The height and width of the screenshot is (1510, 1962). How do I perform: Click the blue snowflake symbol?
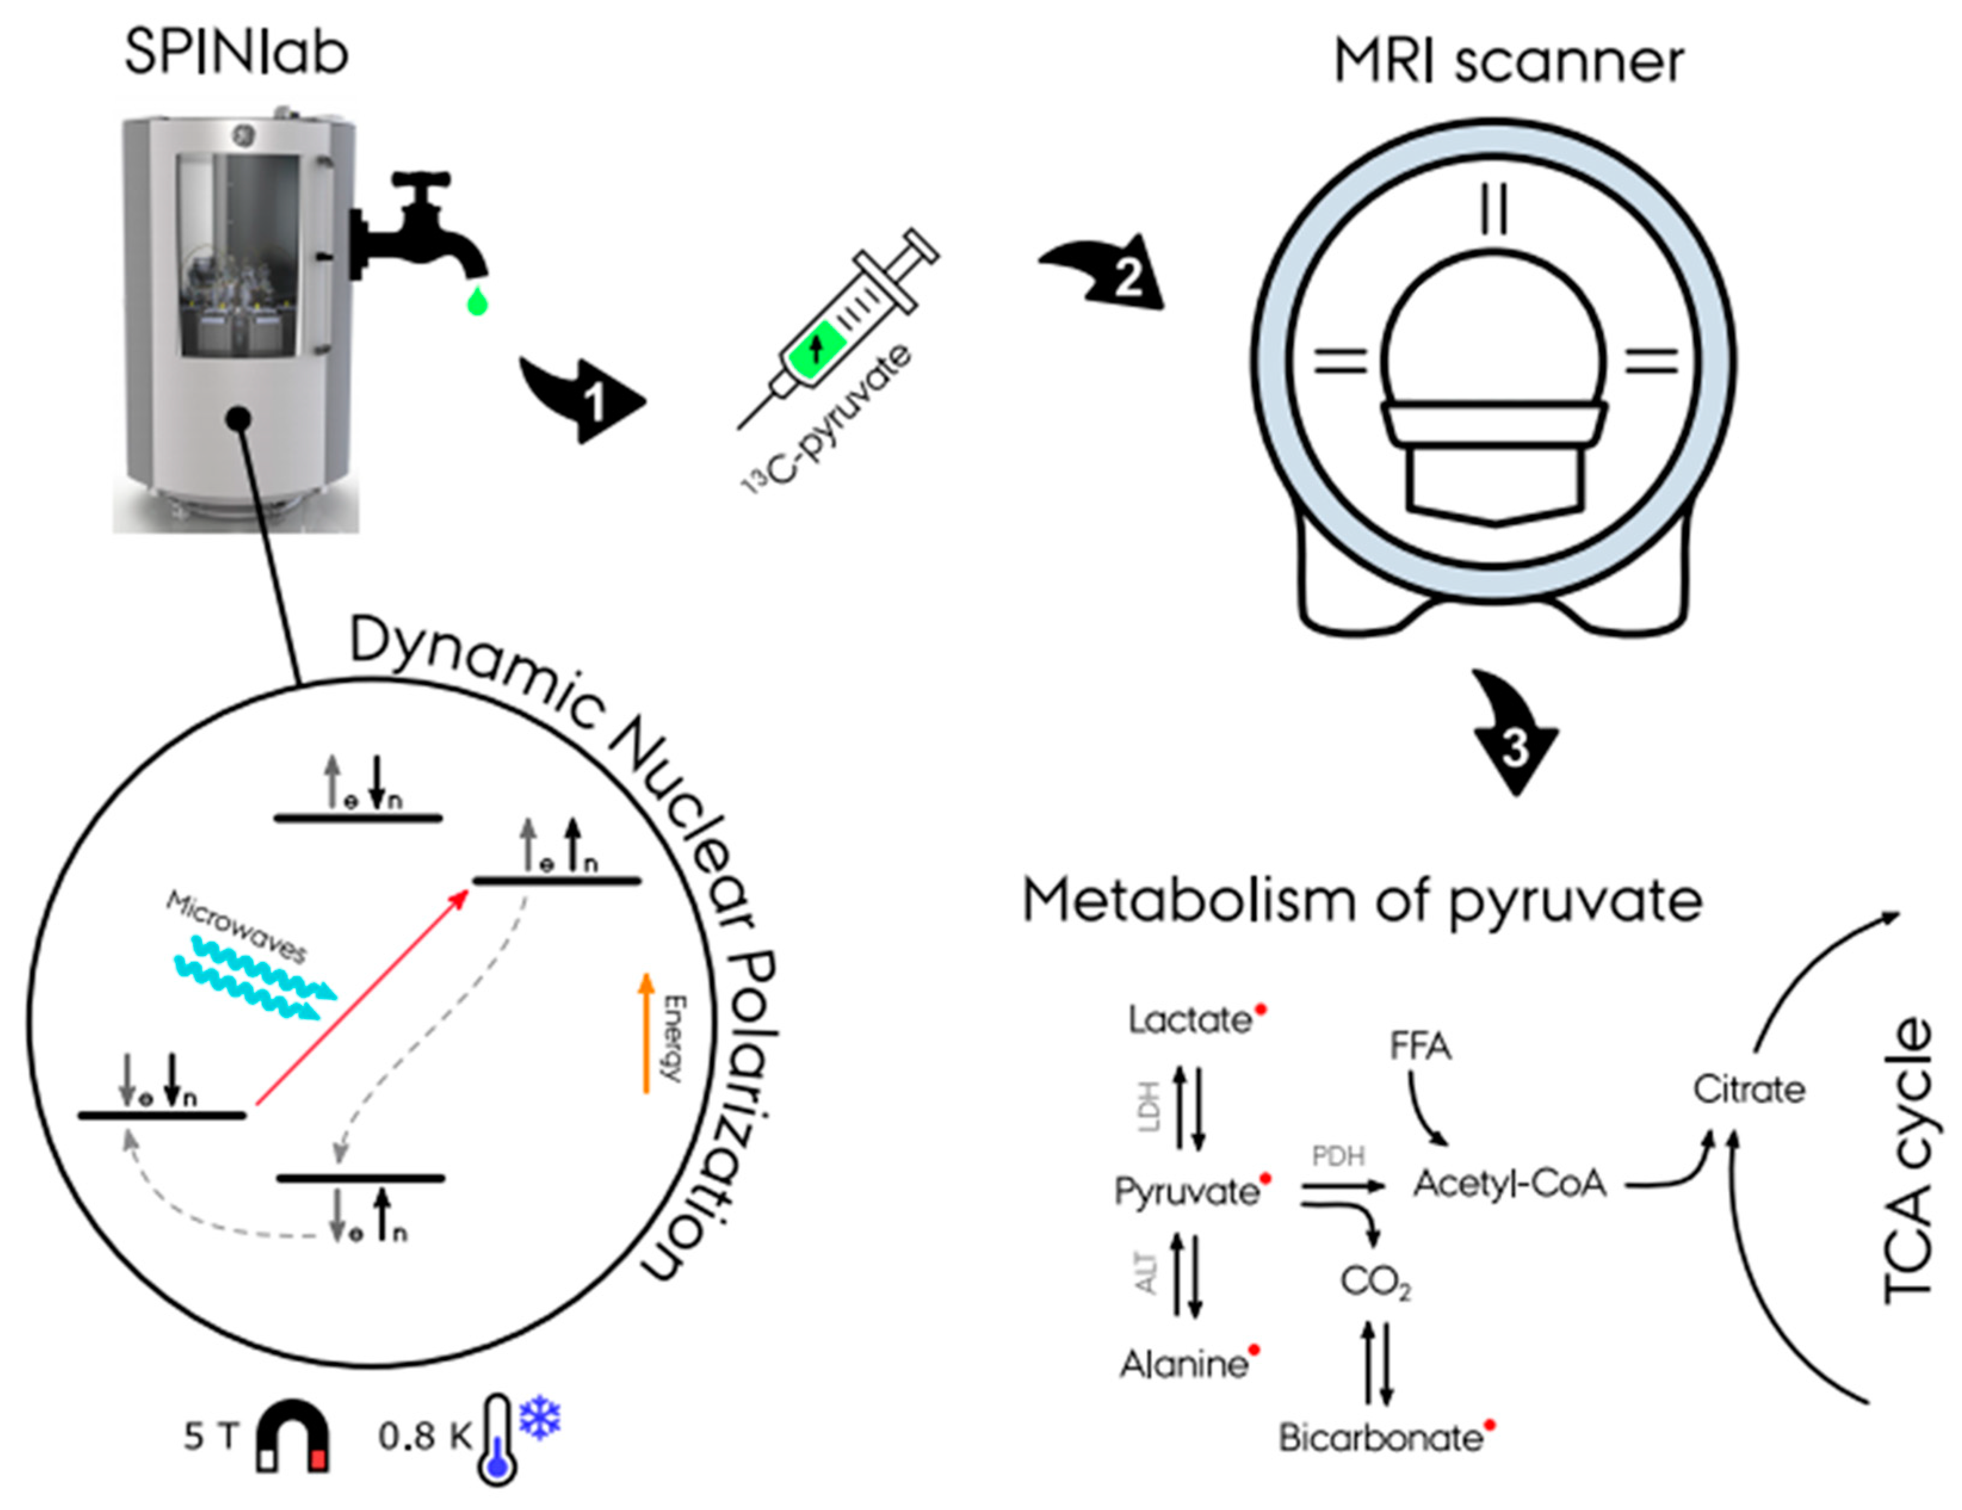(x=540, y=1418)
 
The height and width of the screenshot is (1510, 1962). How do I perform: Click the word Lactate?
(x=1189, y=1020)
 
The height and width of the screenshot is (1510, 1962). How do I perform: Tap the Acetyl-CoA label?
(x=1509, y=1184)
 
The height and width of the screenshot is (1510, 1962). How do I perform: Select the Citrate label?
(x=1748, y=1090)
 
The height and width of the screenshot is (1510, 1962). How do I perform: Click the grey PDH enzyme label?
(x=1339, y=1156)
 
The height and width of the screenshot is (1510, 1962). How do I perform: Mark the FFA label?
(x=1421, y=1047)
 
